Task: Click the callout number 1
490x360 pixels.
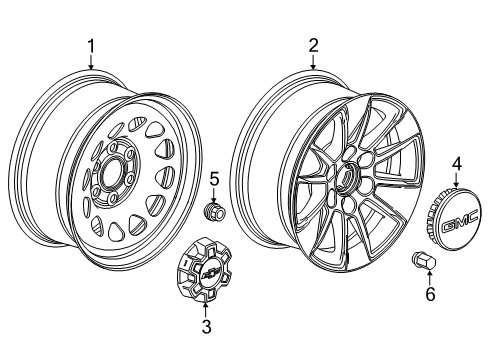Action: click(x=91, y=45)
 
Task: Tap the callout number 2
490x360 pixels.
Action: click(x=313, y=45)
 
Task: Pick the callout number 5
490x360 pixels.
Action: click(x=213, y=179)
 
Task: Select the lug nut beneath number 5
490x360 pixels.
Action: click(x=213, y=212)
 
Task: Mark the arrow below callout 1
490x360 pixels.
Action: click(x=91, y=60)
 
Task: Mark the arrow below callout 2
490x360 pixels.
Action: click(x=313, y=60)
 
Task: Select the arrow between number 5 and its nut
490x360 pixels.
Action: click(x=213, y=194)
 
